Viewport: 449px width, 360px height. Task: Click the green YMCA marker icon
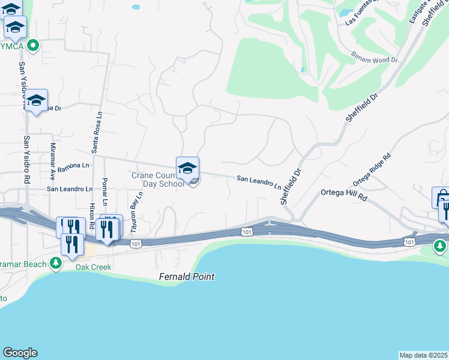coord(33,45)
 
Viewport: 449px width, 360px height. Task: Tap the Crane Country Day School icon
coord(187,169)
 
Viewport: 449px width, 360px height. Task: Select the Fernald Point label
coord(187,277)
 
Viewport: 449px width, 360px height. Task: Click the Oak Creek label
coord(93,266)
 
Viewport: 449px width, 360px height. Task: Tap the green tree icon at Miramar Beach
coord(56,263)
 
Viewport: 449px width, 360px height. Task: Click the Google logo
coord(20,353)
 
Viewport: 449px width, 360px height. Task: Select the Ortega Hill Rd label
coord(343,194)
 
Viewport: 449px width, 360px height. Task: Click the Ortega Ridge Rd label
coord(372,169)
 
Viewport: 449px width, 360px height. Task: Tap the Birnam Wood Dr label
coord(375,56)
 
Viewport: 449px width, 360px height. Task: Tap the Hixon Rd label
coord(91,215)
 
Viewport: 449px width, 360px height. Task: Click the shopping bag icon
coord(440,197)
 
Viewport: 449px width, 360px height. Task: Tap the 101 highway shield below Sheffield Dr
coord(247,231)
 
